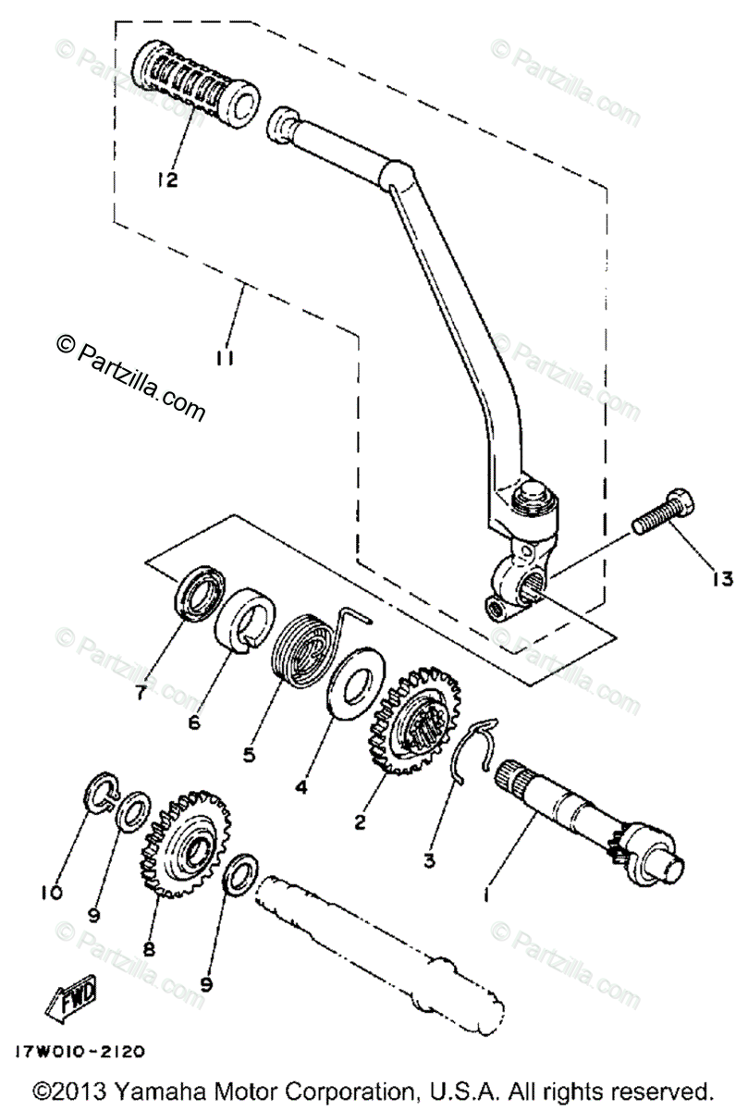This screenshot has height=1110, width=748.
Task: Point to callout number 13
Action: pyautogui.click(x=722, y=579)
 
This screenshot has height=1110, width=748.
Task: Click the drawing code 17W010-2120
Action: pyautogui.click(x=79, y=1052)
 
